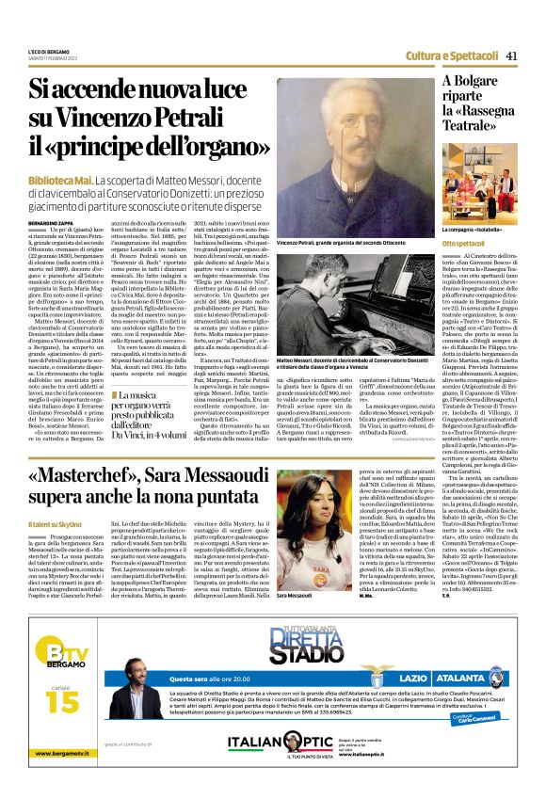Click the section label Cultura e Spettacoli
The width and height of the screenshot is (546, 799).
click(452, 56)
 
